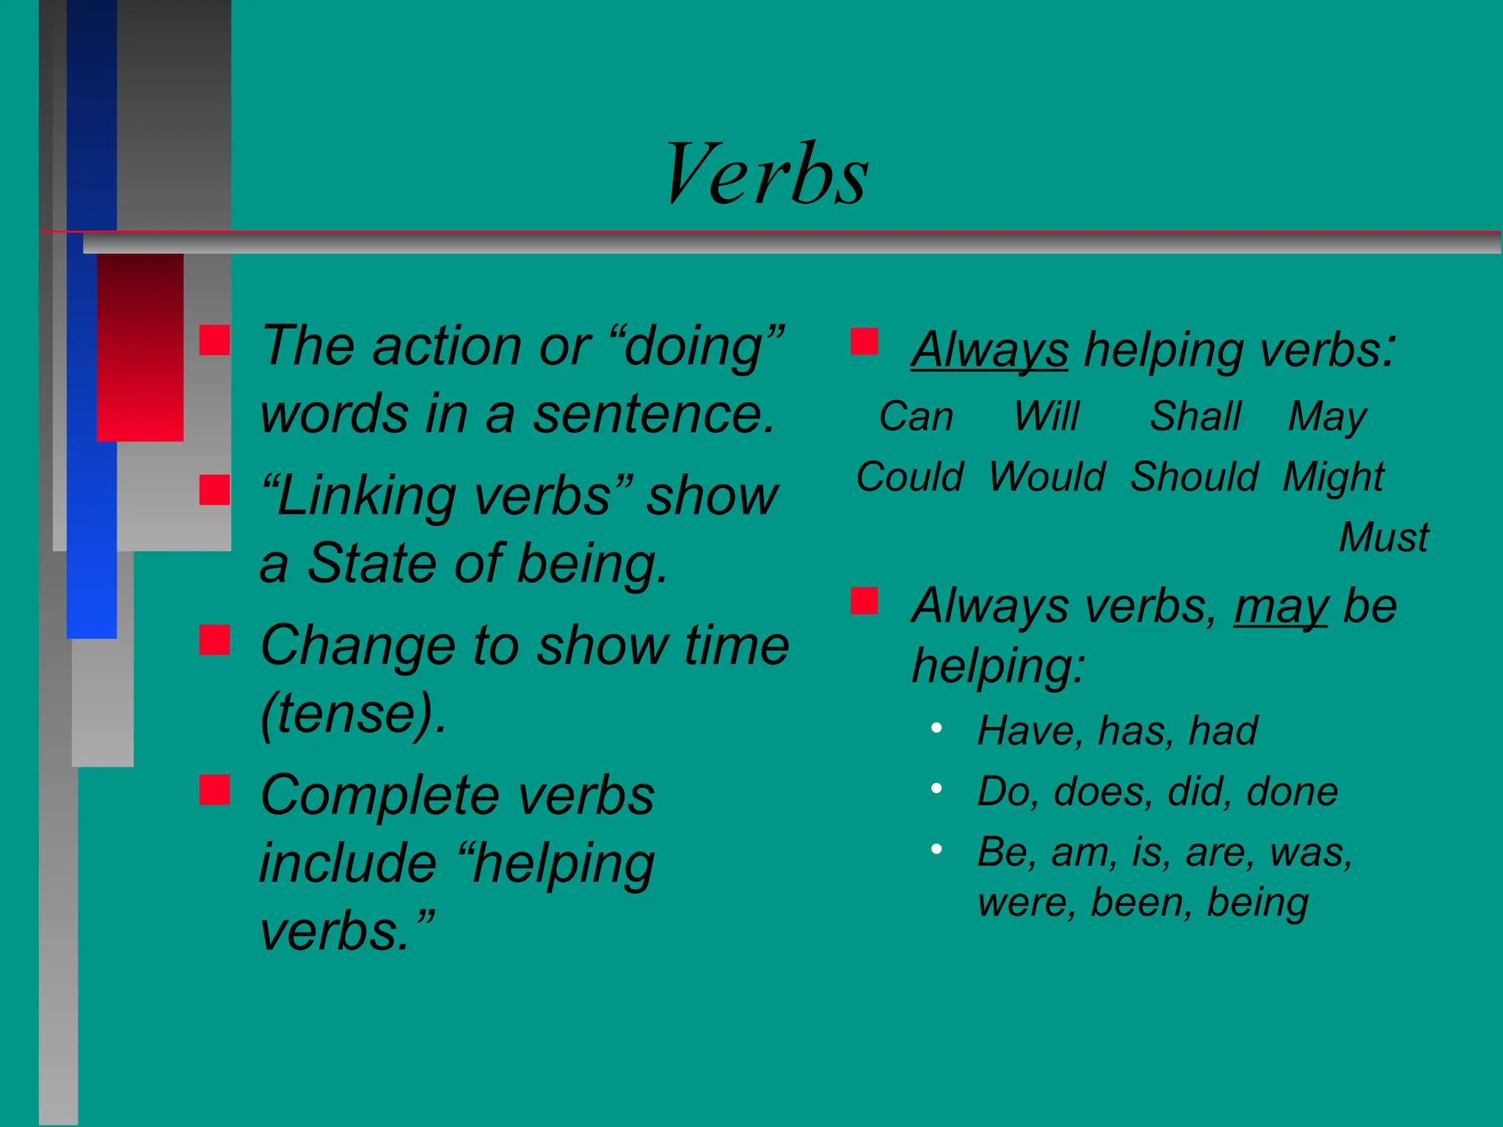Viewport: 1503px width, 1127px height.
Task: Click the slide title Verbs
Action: tap(766, 175)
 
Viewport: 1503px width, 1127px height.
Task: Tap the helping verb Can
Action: tap(916, 417)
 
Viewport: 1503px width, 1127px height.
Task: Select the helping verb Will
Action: tap(1047, 417)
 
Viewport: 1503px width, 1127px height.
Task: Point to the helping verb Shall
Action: tap(1195, 417)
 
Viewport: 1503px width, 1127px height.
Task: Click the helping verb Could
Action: tap(909, 477)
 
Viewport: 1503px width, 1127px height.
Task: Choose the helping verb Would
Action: tap(1047, 477)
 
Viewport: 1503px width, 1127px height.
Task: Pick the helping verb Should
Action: tap(1194, 477)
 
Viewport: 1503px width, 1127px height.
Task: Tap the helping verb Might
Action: tap(1333, 477)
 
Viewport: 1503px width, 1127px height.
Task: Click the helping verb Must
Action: tap(1383, 537)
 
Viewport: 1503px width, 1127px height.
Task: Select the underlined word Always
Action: tap(989, 351)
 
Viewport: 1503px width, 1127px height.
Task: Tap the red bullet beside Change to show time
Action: tap(214, 640)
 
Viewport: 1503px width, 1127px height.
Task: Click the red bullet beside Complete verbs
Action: tap(214, 790)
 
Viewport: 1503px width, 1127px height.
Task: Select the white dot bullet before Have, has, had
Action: tap(936, 728)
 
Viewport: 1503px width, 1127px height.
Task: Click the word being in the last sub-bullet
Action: tap(1257, 902)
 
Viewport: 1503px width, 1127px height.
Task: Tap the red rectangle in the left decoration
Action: tap(140, 346)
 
